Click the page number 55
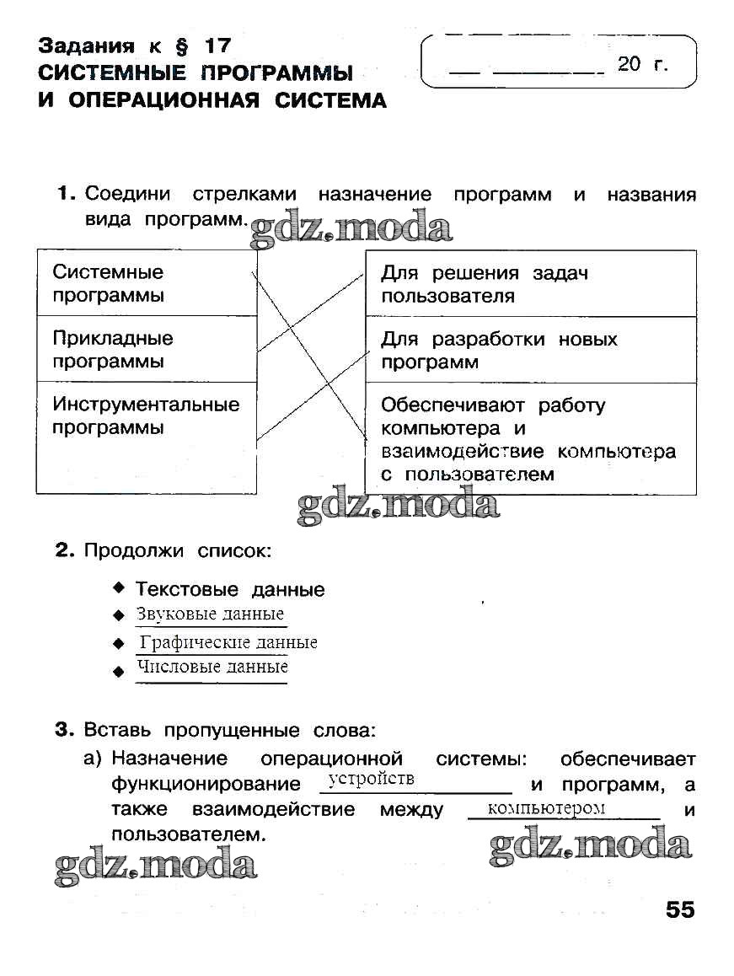[x=679, y=910]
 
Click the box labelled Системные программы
[x=146, y=283]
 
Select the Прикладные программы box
[x=146, y=350]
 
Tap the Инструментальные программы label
[x=146, y=416]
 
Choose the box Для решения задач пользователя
[x=530, y=284]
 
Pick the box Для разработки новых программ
[x=530, y=351]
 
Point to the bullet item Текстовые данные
[x=230, y=589]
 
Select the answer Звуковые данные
[x=210, y=614]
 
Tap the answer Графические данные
[x=228, y=642]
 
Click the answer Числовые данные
[x=212, y=667]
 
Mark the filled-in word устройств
[x=372, y=778]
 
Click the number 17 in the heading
[x=215, y=46]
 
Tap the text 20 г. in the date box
[x=643, y=64]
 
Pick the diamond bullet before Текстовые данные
[x=119, y=587]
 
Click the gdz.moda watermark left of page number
[x=156, y=866]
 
